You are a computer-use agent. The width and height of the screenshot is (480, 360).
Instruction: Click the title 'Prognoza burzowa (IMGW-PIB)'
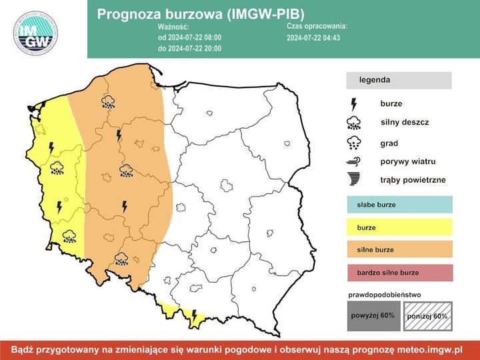tap(201, 14)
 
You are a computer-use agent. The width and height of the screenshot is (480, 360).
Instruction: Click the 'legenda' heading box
tap(399, 80)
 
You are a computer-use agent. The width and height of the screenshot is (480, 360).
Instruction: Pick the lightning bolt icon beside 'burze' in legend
tap(353, 104)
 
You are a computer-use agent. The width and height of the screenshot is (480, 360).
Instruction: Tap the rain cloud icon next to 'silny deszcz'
tap(353, 123)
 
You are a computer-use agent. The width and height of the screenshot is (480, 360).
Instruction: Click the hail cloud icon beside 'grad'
tap(353, 143)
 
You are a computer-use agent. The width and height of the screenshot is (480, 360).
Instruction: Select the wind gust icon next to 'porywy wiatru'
tap(353, 162)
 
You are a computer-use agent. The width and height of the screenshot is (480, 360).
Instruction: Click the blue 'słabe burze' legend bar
tap(399, 205)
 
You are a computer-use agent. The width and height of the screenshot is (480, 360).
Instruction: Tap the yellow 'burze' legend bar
tap(399, 227)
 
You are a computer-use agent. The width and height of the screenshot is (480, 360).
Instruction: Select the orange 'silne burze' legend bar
tap(399, 250)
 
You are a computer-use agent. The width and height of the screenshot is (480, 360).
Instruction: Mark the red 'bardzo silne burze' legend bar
tap(399, 273)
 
